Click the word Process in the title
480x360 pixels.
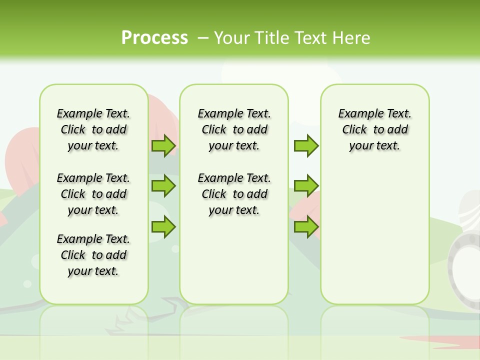(x=154, y=38)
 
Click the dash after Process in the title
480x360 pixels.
(x=203, y=38)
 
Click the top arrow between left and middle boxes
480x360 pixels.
(x=163, y=146)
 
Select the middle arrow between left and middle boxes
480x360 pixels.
(x=163, y=186)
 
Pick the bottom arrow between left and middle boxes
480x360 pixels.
(x=163, y=227)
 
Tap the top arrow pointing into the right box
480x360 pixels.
(x=306, y=146)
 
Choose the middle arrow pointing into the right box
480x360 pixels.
(x=306, y=186)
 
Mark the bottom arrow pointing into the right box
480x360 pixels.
(x=306, y=227)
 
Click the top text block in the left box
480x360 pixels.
(x=93, y=129)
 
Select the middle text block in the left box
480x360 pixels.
(x=93, y=194)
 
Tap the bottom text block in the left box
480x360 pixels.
(x=93, y=255)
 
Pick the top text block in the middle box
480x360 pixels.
(x=234, y=129)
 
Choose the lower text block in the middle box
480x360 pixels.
(x=234, y=194)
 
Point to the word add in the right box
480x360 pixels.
(x=398, y=130)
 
